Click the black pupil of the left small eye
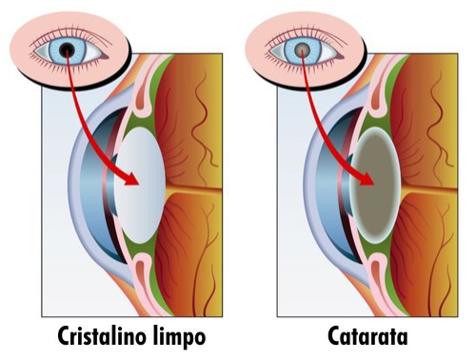(68, 48)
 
